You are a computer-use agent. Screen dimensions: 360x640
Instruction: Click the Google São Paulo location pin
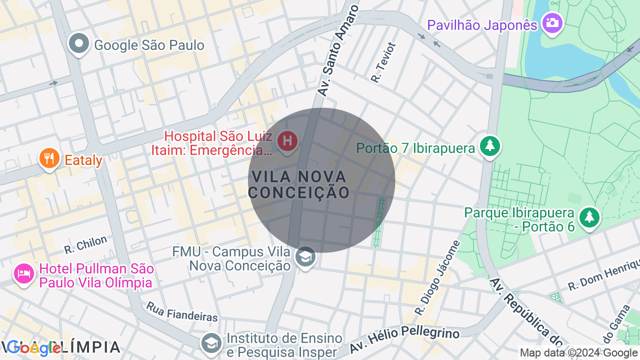click(78, 44)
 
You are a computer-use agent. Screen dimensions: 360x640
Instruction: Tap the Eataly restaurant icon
click(49, 158)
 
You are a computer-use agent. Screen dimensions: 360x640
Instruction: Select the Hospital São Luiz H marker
click(287, 141)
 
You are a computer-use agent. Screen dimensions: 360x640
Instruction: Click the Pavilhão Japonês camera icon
click(552, 23)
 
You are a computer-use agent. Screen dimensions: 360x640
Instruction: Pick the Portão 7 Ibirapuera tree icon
click(490, 146)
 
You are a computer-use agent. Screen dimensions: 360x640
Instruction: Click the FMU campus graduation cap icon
click(305, 257)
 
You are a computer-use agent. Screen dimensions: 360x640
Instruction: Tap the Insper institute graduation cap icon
click(212, 343)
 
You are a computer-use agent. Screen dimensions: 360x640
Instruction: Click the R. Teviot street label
click(383, 62)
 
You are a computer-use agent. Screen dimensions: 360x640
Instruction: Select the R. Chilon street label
click(85, 244)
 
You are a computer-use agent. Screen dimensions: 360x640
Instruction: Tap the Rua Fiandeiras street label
click(182, 311)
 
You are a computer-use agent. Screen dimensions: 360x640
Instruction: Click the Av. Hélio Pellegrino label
click(404, 340)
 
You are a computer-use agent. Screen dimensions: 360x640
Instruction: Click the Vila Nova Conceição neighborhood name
click(299, 184)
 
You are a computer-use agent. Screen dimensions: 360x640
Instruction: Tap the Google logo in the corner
click(33, 348)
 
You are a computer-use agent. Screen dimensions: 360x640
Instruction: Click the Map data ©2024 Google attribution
click(578, 353)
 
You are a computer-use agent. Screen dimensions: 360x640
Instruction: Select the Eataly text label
click(83, 160)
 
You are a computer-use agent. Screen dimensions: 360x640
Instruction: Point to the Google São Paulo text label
click(149, 45)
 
